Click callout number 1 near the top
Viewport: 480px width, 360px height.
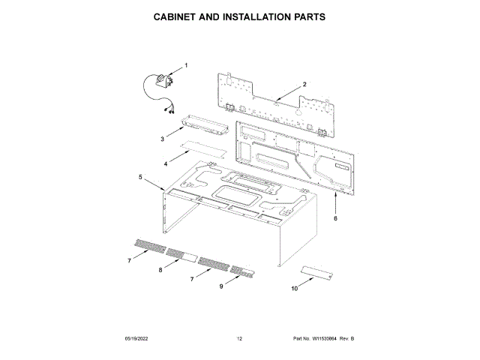(x=186, y=65)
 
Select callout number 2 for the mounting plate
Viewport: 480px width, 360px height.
(x=304, y=84)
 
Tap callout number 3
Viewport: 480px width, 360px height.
(x=162, y=139)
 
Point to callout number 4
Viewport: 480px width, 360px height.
(x=166, y=163)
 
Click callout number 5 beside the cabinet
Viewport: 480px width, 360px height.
(x=140, y=177)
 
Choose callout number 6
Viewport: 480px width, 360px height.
(x=335, y=218)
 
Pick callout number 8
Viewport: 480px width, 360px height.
(x=160, y=269)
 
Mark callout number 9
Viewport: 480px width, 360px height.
(x=221, y=286)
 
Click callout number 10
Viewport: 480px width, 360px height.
(x=293, y=287)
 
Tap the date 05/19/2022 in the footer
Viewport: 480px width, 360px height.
(x=138, y=340)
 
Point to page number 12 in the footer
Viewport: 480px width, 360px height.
(x=239, y=340)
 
